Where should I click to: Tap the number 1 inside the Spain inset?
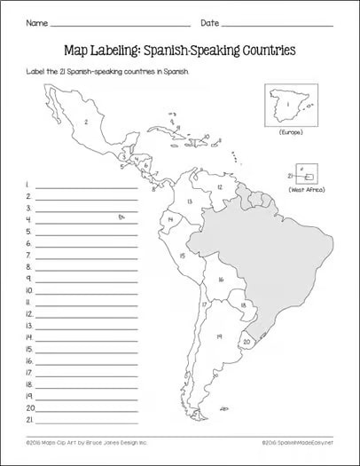pyautogui.click(x=286, y=110)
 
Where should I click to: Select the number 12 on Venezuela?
pyautogui.click(x=218, y=187)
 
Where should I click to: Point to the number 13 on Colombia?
pyautogui.click(x=190, y=201)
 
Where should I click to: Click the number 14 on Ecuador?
pyautogui.click(x=167, y=218)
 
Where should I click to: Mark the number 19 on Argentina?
pyautogui.click(x=217, y=336)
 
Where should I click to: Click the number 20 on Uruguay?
pyautogui.click(x=248, y=341)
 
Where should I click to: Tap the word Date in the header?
pyautogui.click(x=210, y=20)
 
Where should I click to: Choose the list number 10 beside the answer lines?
pyautogui.click(x=28, y=289)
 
